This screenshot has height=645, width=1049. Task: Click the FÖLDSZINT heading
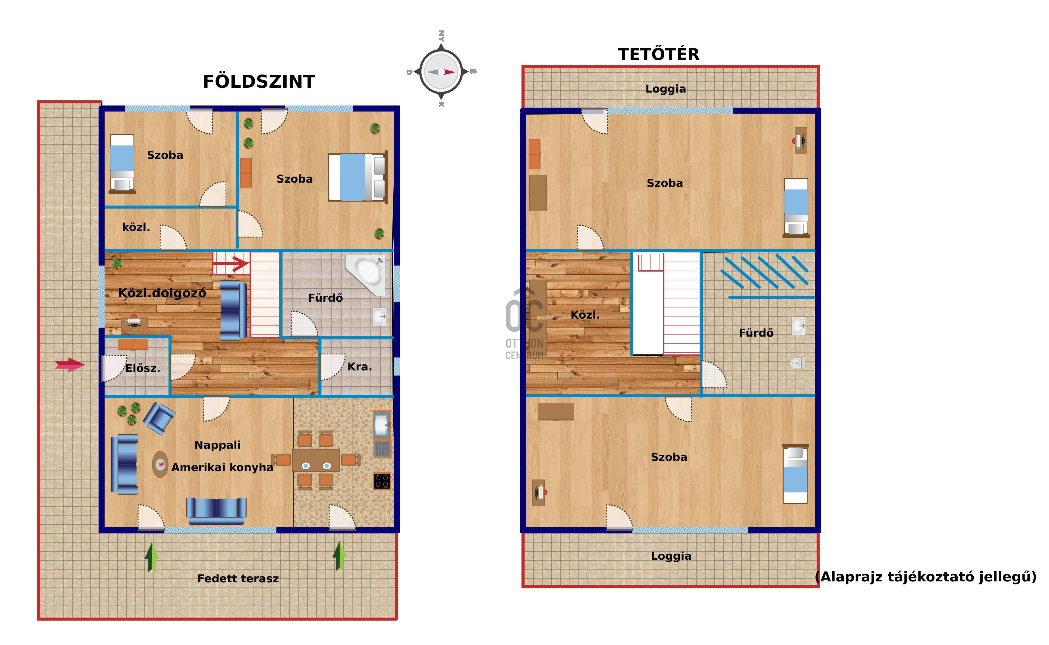coord(259,81)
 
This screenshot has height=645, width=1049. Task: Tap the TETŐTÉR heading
coord(659,54)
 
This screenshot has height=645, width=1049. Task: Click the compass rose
coord(441,72)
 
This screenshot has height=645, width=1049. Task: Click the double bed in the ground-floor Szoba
coord(358,177)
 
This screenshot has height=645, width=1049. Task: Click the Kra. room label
coord(360,367)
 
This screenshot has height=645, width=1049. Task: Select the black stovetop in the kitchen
coord(382,481)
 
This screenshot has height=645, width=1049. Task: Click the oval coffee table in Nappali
coord(160,464)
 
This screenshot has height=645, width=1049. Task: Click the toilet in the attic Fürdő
coord(798,363)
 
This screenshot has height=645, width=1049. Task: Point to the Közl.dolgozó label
coord(162,293)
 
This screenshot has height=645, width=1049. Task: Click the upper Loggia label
coord(666,89)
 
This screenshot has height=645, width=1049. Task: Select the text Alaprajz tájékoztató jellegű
coord(925,577)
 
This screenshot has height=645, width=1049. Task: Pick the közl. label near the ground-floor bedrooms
coord(136,227)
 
